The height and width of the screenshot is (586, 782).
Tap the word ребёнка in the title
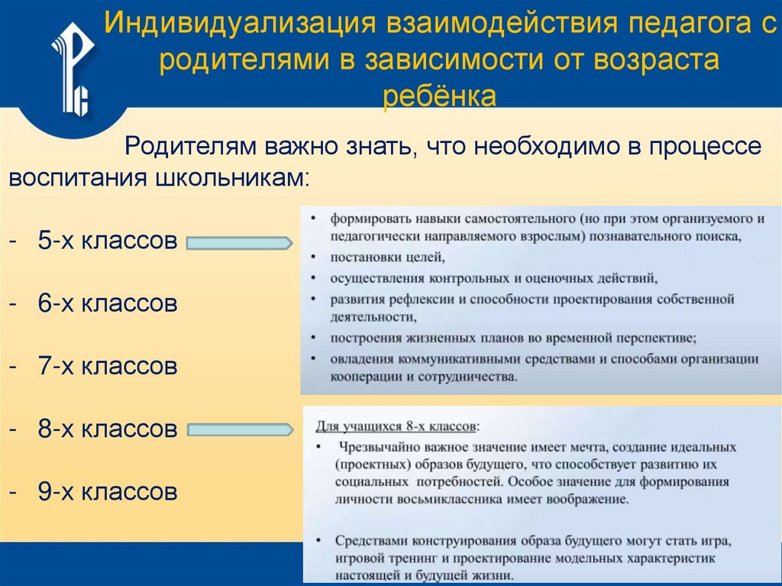coord(439,96)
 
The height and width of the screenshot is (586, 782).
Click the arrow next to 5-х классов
coord(239,244)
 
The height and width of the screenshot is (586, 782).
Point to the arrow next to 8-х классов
coord(239,430)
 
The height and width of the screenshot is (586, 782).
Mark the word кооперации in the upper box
coord(365,377)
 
